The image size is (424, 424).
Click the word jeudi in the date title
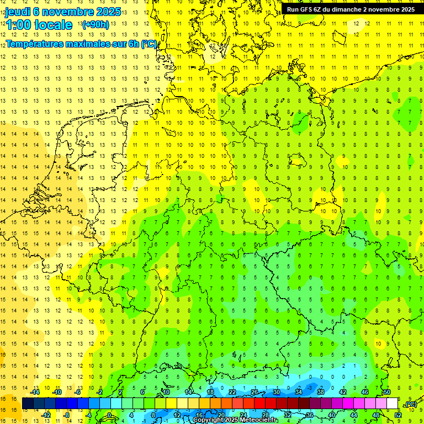click(x=18, y=12)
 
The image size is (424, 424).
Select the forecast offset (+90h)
click(x=96, y=25)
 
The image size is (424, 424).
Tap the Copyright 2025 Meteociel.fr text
click(x=235, y=420)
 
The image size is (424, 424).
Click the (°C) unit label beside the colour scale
click(x=410, y=404)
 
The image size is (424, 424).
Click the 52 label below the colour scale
click(x=398, y=415)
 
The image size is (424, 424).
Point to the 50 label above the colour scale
click(x=387, y=392)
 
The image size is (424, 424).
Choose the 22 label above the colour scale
click(x=232, y=392)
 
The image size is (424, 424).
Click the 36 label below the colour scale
click(x=310, y=415)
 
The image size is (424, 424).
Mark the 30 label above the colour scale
click(x=277, y=392)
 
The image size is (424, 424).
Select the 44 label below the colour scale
click(x=354, y=415)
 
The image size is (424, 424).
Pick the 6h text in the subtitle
click(x=134, y=44)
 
